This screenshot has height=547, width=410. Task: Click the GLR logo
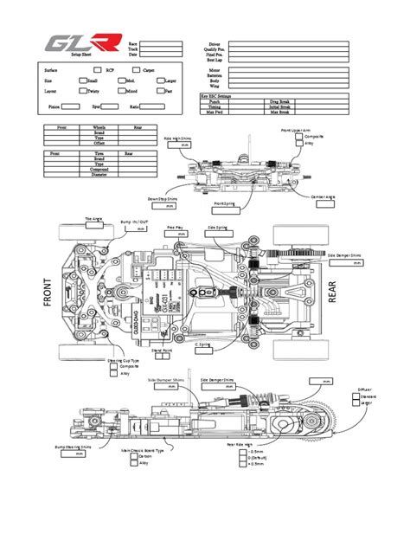(74, 43)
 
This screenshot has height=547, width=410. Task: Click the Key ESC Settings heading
(221, 95)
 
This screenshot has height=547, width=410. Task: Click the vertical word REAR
(335, 293)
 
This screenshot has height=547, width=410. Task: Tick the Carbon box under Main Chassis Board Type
(133, 455)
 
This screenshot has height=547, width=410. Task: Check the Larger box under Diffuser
(356, 402)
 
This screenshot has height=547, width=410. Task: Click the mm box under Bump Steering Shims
(79, 454)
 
